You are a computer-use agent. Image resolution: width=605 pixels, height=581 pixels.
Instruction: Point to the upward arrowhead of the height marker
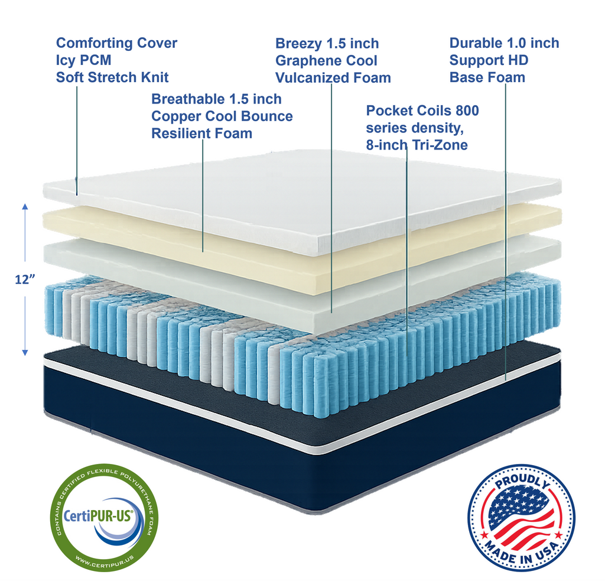[x=25, y=207]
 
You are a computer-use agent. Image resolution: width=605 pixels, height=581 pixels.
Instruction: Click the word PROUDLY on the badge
[x=521, y=481]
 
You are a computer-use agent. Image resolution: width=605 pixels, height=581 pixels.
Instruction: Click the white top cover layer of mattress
[x=307, y=195]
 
